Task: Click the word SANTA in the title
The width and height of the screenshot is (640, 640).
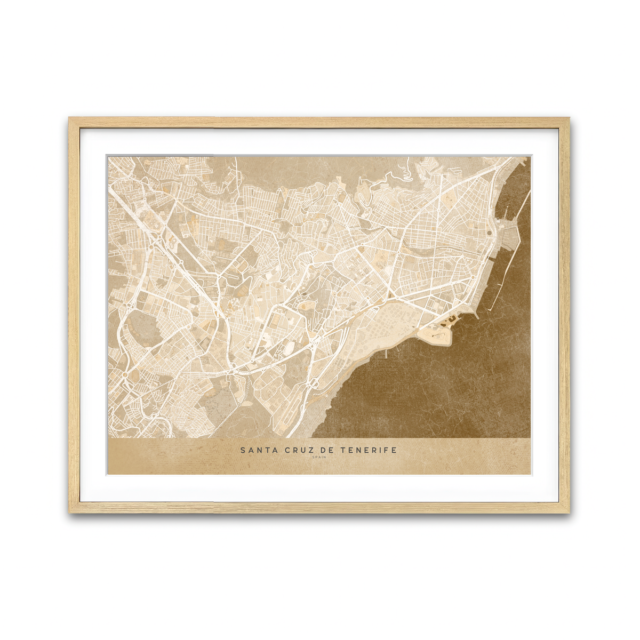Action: coord(255,450)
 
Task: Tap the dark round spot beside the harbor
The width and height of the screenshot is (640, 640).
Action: coord(489,233)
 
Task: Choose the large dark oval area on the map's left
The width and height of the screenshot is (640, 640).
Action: coord(144,325)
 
